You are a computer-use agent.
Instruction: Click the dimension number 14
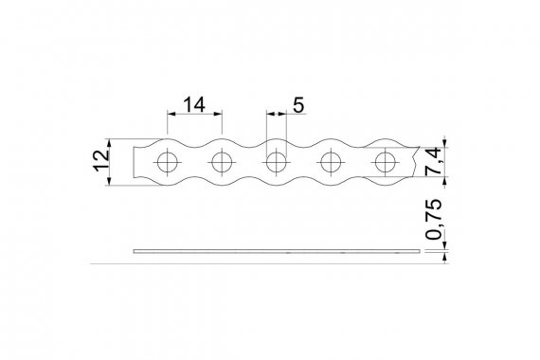point(194,104)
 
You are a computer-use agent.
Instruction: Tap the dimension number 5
point(298,105)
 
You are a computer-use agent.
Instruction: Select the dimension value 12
point(102,160)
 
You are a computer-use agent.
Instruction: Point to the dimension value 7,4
point(433,162)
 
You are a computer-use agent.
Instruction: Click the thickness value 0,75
point(433,219)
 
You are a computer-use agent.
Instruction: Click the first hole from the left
point(168,162)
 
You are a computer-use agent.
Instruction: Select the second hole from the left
point(222,162)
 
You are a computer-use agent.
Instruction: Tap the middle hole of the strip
point(277,162)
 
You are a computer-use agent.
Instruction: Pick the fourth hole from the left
point(331,162)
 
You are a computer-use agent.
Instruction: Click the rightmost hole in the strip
point(386,162)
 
